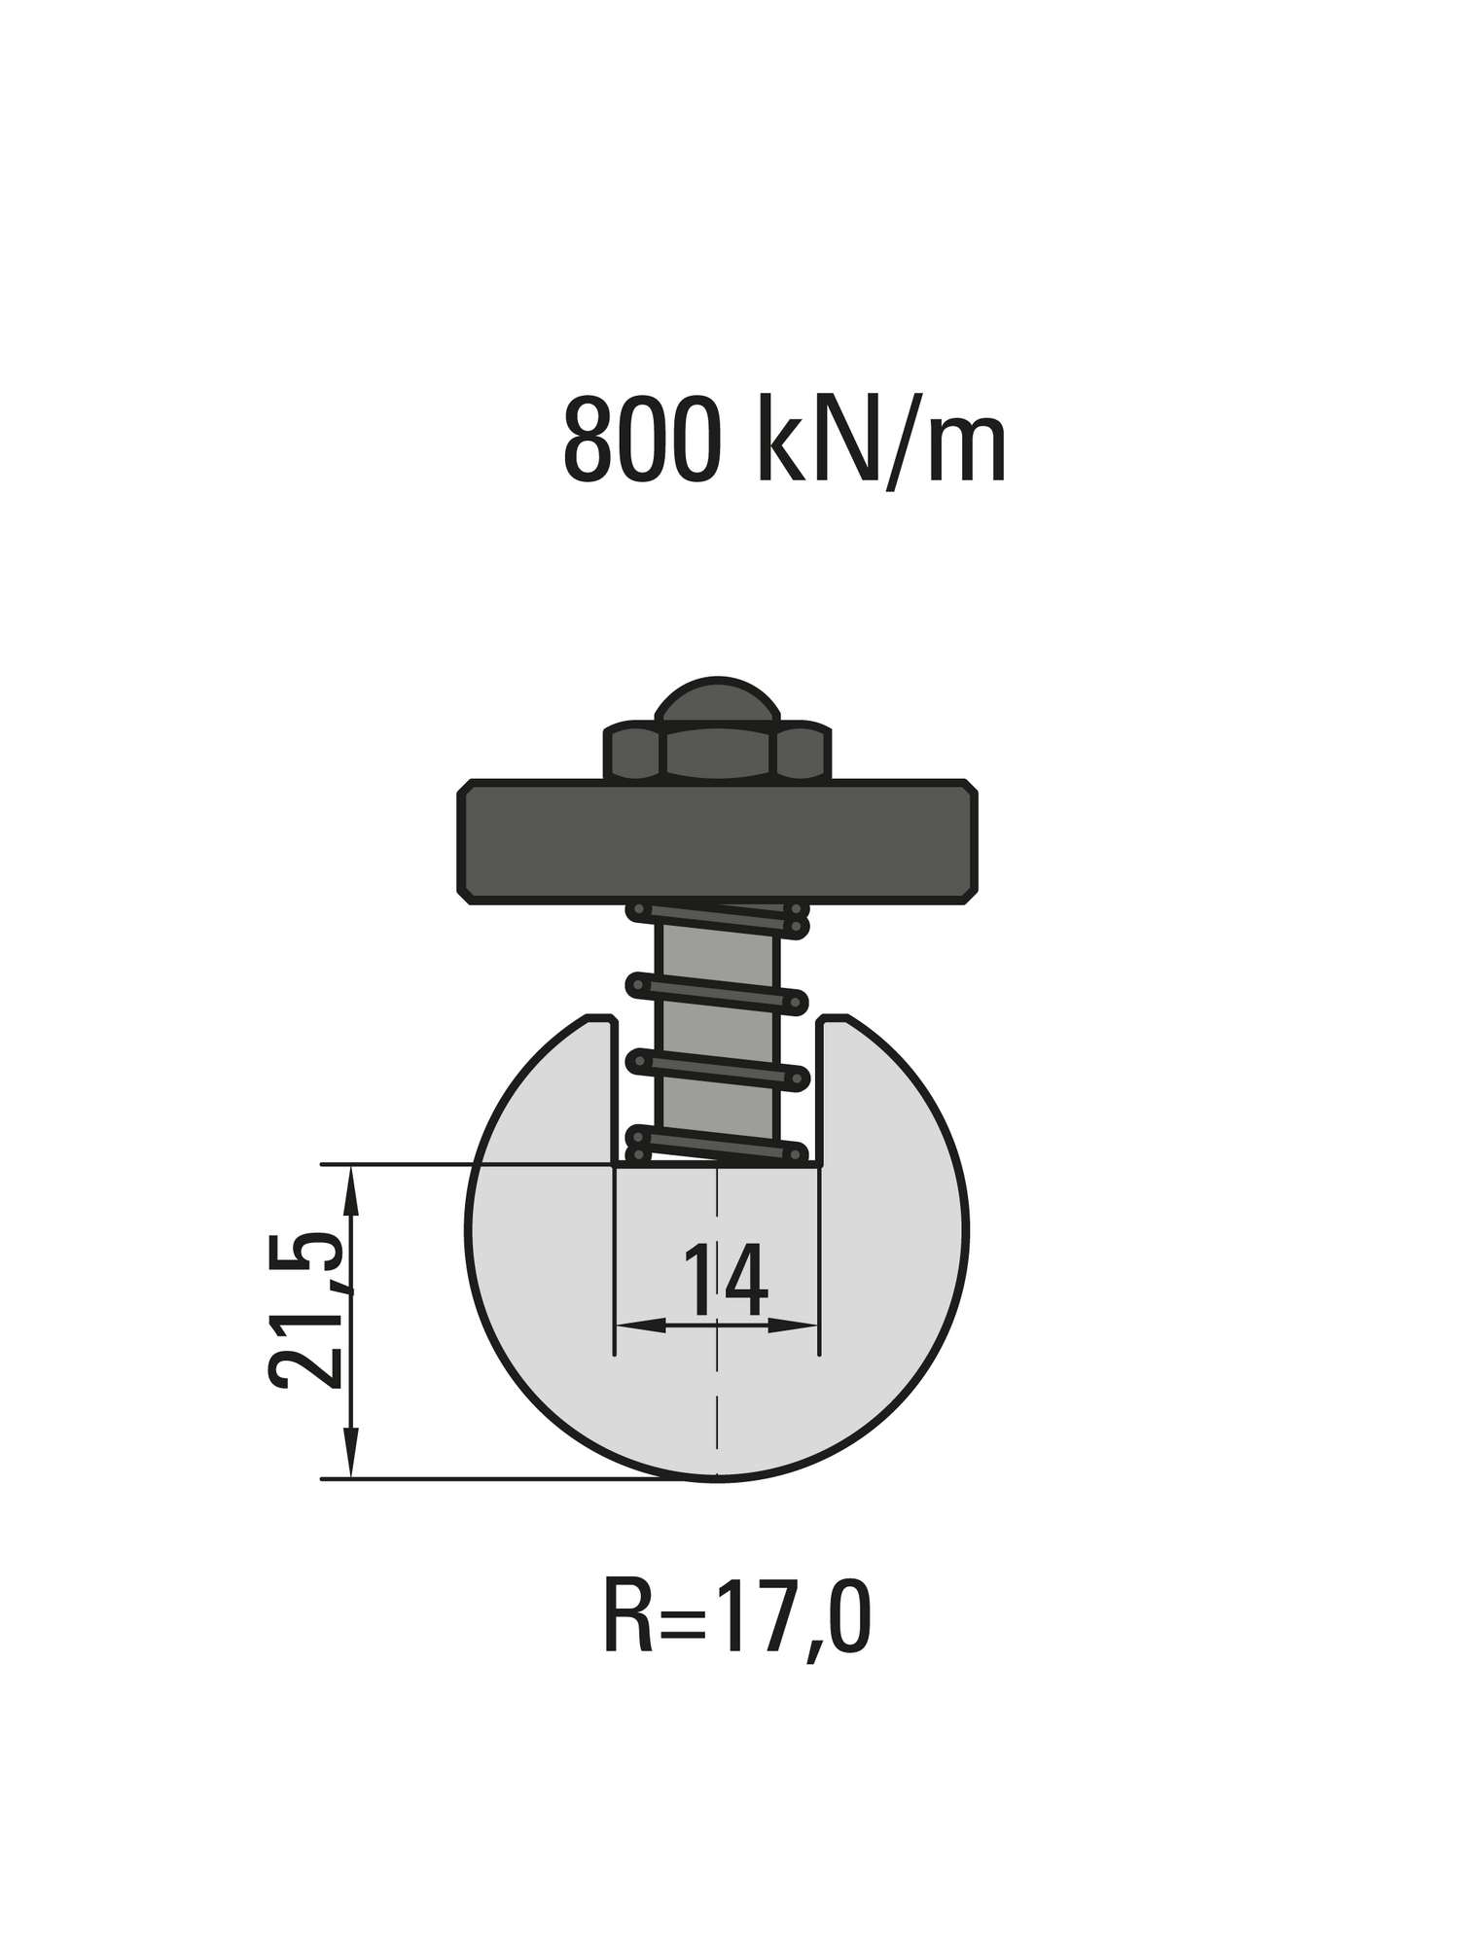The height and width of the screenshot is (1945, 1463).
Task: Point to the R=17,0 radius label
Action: tap(736, 1615)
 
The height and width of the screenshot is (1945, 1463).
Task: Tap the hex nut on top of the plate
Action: tap(717, 753)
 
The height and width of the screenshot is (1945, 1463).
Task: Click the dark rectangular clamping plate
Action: tap(717, 841)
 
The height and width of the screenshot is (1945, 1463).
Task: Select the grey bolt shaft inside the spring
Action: tap(717, 1031)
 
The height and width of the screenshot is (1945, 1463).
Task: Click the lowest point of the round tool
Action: tap(717, 1478)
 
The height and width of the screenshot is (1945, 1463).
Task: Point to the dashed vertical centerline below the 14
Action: tap(717, 1400)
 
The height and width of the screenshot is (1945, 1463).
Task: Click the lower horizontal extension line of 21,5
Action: tap(486, 1479)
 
